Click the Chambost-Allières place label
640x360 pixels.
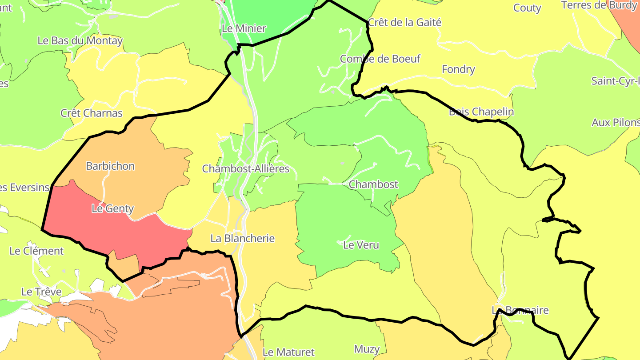pyautogui.click(x=245, y=169)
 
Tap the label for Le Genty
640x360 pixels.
pyautogui.click(x=112, y=208)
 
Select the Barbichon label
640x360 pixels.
pyautogui.click(x=110, y=166)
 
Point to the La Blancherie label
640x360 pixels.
pyautogui.click(x=242, y=238)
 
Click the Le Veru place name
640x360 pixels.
pyautogui.click(x=361, y=244)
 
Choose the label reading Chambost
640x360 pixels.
pyautogui.click(x=373, y=184)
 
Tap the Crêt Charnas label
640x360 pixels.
pyautogui.click(x=91, y=113)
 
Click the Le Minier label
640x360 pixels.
pyautogui.click(x=244, y=29)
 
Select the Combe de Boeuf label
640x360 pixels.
pyautogui.click(x=380, y=59)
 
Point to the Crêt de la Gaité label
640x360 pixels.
pyautogui.click(x=404, y=22)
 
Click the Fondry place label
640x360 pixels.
pyautogui.click(x=458, y=69)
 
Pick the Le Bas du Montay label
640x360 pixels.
pyautogui.click(x=80, y=40)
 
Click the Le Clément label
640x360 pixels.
pyautogui.click(x=36, y=251)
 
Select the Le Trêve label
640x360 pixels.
pyautogui.click(x=41, y=292)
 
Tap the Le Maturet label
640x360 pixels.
pyautogui.click(x=288, y=352)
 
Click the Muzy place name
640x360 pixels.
pyautogui.click(x=367, y=349)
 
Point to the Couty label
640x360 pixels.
pyautogui.click(x=527, y=8)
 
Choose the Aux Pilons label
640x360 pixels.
pyautogui.click(x=616, y=123)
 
